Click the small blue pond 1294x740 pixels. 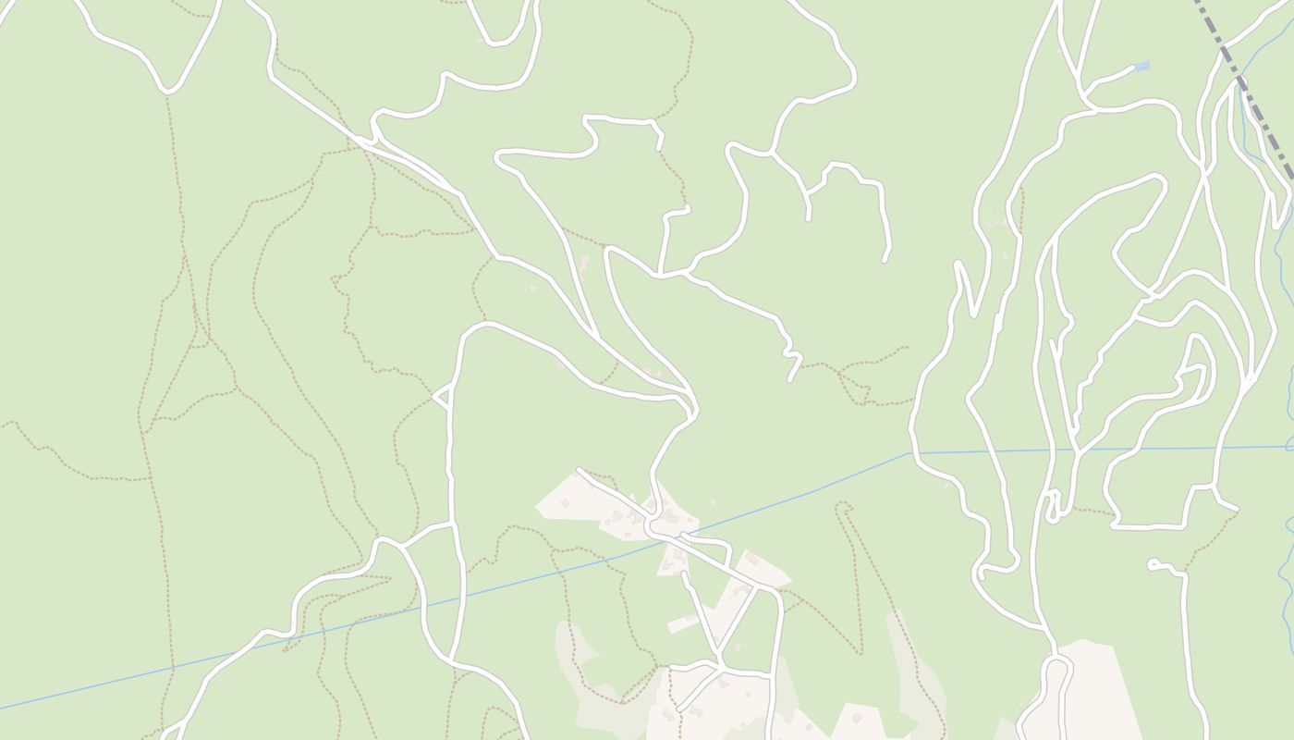[1142, 66]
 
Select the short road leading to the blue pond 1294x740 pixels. [1109, 78]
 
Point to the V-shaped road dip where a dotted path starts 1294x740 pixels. [166, 91]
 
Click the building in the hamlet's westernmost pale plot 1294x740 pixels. [565, 503]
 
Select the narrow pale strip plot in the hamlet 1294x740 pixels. [683, 623]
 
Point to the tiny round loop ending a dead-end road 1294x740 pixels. [1153, 563]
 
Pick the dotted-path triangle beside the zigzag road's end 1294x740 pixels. [855, 384]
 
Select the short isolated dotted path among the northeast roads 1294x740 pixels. [1021, 208]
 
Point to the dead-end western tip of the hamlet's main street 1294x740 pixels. [580, 471]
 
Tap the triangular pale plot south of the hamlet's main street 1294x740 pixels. [673, 561]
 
